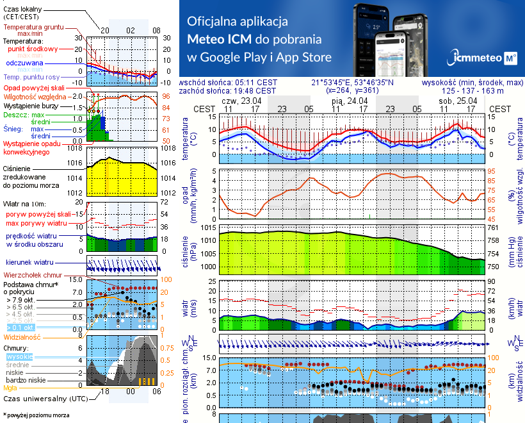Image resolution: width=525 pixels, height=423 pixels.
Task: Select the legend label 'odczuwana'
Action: tap(24, 63)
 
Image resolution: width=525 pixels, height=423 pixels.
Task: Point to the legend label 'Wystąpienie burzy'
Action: tap(30, 104)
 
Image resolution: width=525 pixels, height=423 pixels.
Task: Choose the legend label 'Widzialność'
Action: tap(22, 336)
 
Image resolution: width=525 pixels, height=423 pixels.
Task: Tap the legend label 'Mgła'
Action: tap(10, 388)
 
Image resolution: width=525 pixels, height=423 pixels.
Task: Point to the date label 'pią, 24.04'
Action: tap(349, 101)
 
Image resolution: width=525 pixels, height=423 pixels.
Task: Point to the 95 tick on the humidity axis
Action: tap(492, 172)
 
